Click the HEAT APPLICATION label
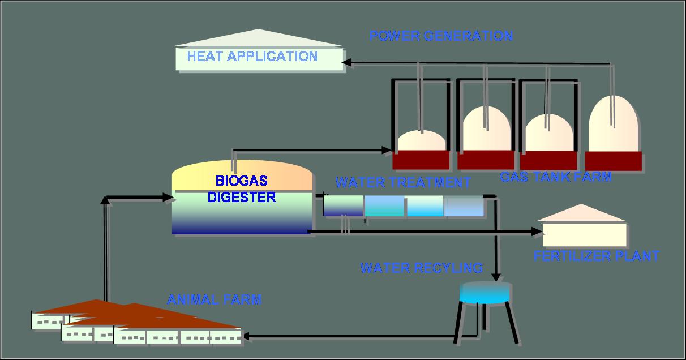coord(252,57)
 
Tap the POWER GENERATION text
coord(440,36)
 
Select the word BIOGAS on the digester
coord(241,181)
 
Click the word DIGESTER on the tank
coord(241,198)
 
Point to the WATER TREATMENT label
coord(402,183)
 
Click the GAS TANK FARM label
coord(555,177)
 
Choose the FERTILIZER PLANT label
coord(596,256)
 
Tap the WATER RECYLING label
coord(421,268)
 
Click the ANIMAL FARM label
coord(214,299)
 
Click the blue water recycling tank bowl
coord(486,293)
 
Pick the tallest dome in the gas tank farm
coord(614,125)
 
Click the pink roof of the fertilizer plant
coord(581,213)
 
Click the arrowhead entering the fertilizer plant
coord(537,232)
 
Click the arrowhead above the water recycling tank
coord(496,277)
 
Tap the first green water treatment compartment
coord(343,205)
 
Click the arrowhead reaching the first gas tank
coord(387,151)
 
